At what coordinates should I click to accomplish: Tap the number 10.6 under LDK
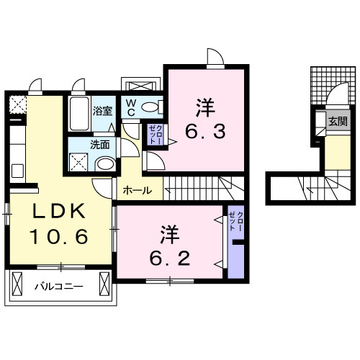(x=59, y=235)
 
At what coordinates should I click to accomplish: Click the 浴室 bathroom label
(x=102, y=111)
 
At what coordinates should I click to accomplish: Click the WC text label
(x=132, y=107)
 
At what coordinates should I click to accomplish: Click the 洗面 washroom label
(x=99, y=144)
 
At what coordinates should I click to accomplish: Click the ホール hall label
(x=137, y=191)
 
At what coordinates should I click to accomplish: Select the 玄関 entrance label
(x=337, y=122)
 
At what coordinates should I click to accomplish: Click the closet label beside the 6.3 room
(x=155, y=135)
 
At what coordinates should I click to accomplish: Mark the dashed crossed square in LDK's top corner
(x=14, y=107)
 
